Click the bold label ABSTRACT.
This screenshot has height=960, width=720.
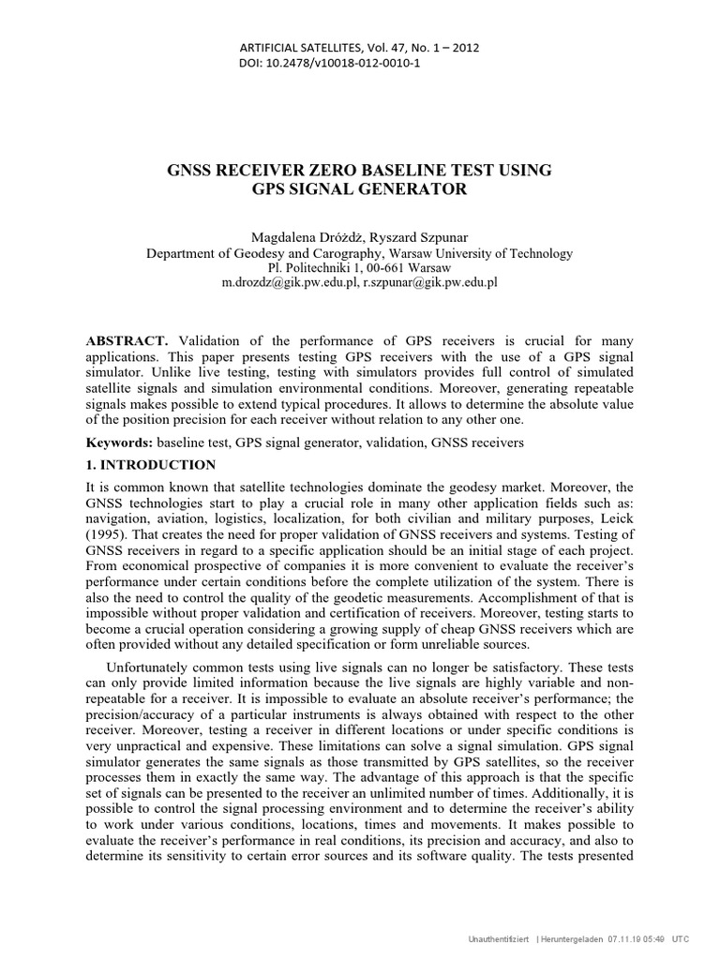coord(127,340)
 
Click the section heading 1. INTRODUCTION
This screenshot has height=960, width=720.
coord(151,465)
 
